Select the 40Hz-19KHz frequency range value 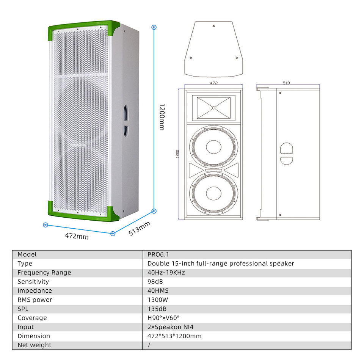coord(166,273)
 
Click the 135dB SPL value coord(157,309)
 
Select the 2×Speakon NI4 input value coord(173,327)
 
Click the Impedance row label coord(35,291)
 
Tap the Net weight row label coord(34,345)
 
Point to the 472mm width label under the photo coord(77,236)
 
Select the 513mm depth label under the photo coord(139,228)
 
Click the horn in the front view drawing coord(213,108)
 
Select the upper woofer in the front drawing coord(213,147)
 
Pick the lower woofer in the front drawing coord(213,193)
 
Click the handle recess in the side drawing coord(287,153)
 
